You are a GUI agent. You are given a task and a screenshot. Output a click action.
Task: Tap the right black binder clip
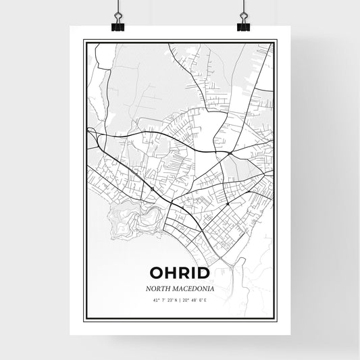point(244,24)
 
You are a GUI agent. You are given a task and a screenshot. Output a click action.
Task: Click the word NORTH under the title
point(157,288)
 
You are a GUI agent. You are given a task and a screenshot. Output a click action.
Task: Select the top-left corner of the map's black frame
point(84,40)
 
